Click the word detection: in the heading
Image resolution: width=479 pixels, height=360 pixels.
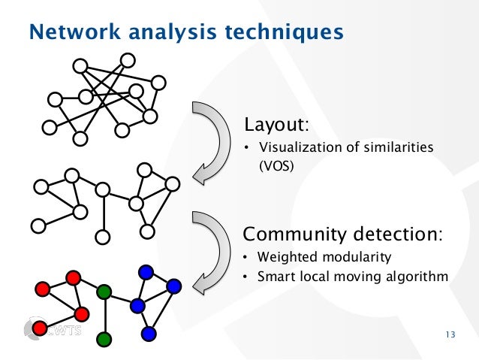(397, 233)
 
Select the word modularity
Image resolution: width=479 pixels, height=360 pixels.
(353, 258)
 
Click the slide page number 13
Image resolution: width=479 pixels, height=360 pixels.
(450, 335)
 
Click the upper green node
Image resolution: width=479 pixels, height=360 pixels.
(104, 291)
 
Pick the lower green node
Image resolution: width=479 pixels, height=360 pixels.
(104, 340)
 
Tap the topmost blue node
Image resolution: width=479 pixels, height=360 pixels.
(146, 271)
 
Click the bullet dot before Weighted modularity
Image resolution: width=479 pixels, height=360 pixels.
(245, 259)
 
